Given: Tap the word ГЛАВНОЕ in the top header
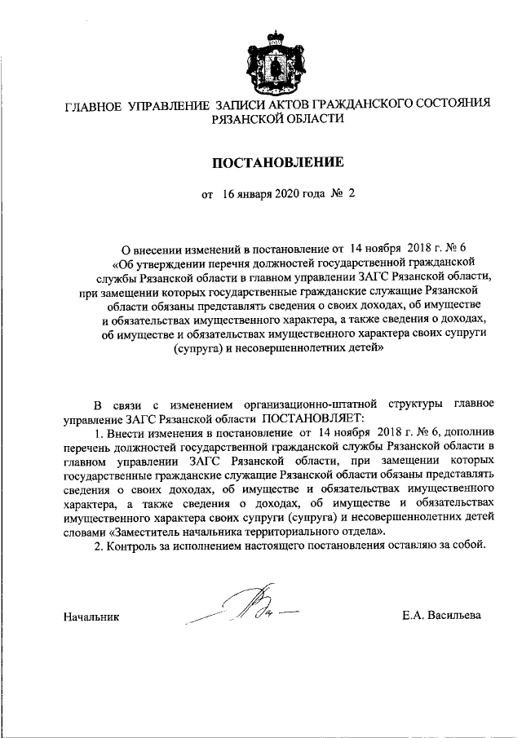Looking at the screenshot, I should coord(93,105).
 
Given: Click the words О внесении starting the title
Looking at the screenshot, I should coord(151,249).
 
